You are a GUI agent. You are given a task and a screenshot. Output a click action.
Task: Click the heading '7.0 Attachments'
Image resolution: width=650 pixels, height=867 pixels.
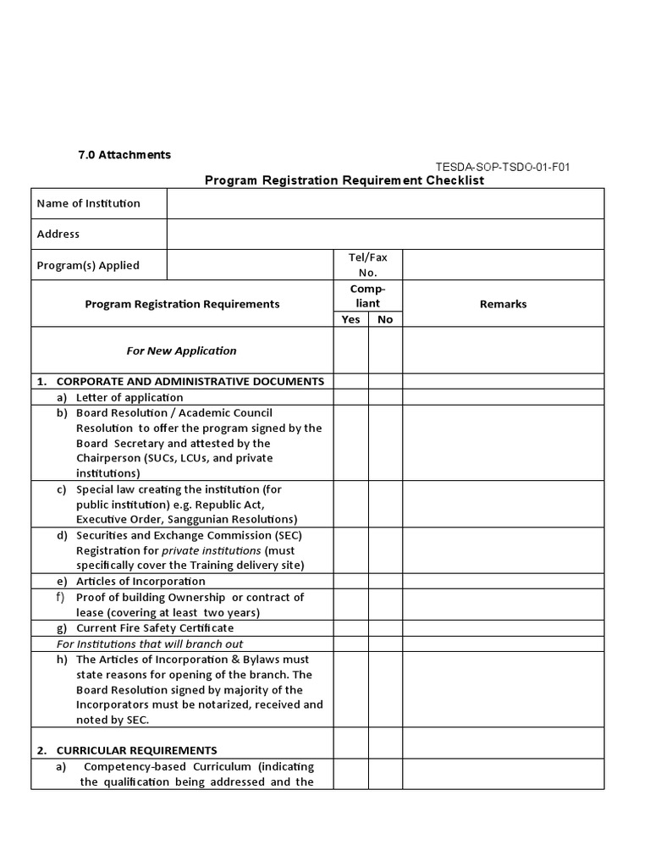click(x=124, y=155)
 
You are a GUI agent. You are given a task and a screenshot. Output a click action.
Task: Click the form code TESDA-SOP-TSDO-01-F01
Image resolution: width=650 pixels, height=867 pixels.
click(x=503, y=167)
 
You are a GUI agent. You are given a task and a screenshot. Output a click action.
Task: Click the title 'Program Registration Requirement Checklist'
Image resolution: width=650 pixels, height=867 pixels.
click(x=344, y=180)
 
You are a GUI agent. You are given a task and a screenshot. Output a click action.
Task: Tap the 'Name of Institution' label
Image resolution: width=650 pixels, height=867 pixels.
click(x=89, y=203)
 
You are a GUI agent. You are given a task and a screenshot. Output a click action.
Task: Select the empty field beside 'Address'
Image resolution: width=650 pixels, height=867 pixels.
click(x=385, y=234)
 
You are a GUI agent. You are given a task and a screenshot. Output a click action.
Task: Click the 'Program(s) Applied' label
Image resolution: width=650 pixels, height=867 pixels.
click(x=88, y=265)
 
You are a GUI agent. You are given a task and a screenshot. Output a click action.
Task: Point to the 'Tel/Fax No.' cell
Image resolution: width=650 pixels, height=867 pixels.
click(x=367, y=264)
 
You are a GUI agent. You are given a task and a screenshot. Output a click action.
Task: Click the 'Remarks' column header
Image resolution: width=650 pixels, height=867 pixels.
click(x=503, y=304)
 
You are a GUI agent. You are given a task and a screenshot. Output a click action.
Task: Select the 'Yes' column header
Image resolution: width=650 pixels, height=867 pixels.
click(x=350, y=319)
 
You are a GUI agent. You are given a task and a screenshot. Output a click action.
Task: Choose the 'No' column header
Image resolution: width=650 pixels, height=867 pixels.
click(x=385, y=319)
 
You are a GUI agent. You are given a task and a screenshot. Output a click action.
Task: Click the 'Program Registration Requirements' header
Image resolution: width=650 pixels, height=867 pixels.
click(x=182, y=304)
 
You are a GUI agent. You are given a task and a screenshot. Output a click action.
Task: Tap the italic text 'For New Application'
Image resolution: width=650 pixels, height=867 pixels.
click(x=182, y=351)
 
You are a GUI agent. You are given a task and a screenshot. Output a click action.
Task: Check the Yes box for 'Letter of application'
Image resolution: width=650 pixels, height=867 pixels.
click(x=350, y=397)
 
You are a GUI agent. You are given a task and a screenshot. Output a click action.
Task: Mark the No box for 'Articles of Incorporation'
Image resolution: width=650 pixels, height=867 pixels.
click(x=385, y=582)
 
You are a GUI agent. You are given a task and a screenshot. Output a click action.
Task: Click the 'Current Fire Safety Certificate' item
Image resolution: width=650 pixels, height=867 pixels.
click(x=155, y=628)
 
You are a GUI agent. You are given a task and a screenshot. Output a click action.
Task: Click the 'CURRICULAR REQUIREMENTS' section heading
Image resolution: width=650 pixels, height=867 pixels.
click(x=136, y=750)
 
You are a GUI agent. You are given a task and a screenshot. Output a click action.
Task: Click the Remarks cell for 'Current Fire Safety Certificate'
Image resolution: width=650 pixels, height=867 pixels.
click(x=503, y=628)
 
